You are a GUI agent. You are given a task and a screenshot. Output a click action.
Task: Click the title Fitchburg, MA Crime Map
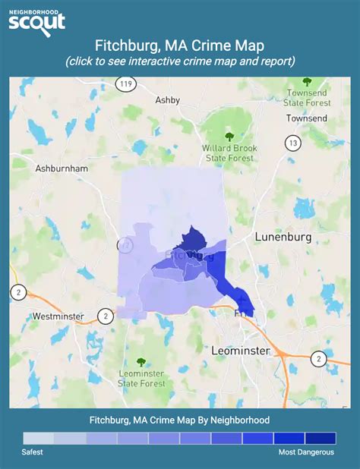click(180, 46)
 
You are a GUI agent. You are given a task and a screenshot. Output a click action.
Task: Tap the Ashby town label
click(167, 99)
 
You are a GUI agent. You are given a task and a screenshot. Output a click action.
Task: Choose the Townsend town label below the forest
click(306, 118)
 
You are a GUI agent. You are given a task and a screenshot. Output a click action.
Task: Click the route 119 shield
click(126, 85)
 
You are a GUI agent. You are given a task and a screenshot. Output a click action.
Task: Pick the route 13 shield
click(292, 142)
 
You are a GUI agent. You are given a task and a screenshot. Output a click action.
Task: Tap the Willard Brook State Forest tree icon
click(229, 137)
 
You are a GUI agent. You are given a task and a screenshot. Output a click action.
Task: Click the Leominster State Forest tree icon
click(140, 363)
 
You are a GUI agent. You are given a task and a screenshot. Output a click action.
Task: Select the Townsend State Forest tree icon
click(307, 81)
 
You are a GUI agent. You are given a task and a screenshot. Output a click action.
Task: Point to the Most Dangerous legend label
click(305, 452)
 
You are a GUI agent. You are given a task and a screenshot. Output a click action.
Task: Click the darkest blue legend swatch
click(320, 438)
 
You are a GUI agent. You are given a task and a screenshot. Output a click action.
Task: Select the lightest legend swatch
click(39, 438)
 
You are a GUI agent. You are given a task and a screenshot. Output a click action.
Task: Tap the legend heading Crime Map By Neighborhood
click(180, 420)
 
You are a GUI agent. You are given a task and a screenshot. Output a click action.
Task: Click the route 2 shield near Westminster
click(106, 315)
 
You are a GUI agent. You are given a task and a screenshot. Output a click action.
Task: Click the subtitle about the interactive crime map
click(180, 61)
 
